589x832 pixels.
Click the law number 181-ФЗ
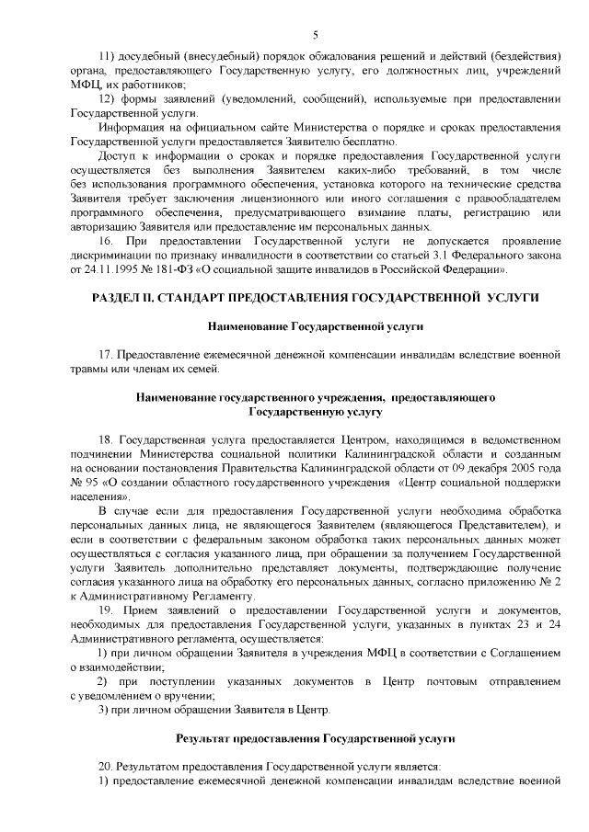click(x=181, y=270)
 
